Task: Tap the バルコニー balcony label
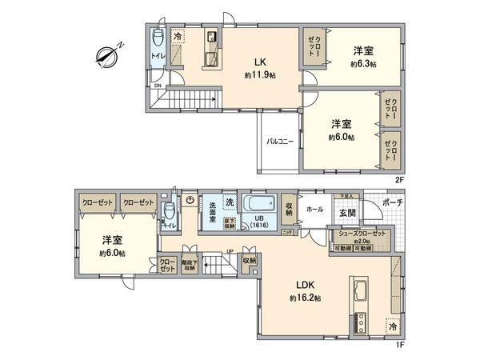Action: [x=279, y=142]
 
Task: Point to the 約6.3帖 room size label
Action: [x=364, y=64]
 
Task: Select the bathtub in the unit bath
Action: [x=259, y=202]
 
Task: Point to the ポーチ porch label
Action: [x=391, y=202]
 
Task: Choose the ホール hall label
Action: [x=314, y=210]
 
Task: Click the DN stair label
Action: [x=158, y=86]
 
